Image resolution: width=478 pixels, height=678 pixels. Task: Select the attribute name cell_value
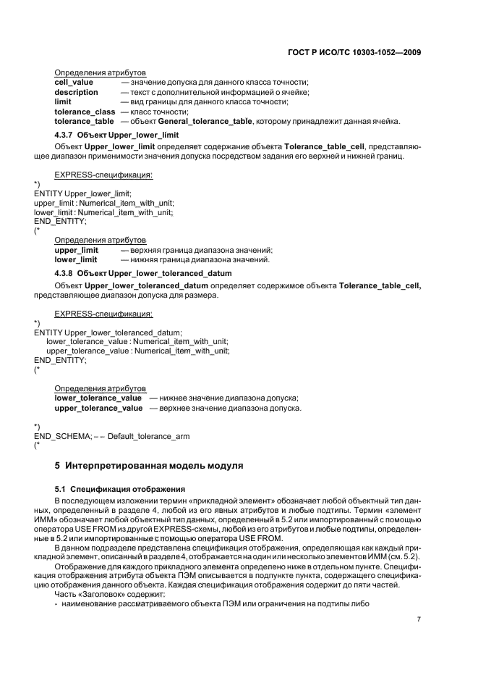coord(74,83)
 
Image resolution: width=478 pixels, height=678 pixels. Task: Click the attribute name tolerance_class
coord(85,112)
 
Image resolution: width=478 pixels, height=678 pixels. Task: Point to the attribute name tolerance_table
coord(85,121)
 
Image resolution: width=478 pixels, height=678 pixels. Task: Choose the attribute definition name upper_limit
coord(76,250)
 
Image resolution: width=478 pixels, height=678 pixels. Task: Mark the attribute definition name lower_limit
coord(76,259)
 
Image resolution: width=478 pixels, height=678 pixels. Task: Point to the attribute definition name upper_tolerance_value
coord(98,408)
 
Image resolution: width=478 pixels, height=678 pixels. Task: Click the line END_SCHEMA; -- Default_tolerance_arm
coord(111,435)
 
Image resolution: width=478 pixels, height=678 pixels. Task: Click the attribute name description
coord(77,93)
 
